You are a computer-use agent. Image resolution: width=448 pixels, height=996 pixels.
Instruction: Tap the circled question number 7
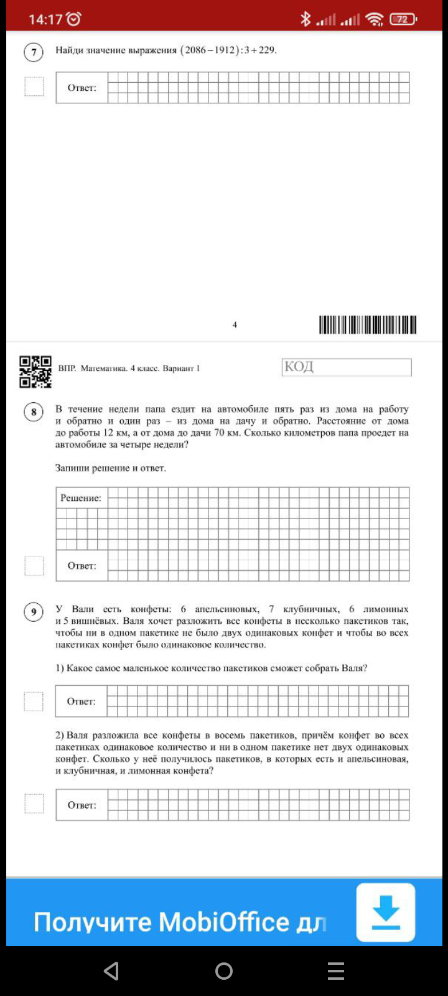[x=34, y=52]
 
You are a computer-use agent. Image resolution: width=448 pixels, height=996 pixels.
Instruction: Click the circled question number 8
[x=34, y=412]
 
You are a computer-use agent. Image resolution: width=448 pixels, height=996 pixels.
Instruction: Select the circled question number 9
[x=34, y=612]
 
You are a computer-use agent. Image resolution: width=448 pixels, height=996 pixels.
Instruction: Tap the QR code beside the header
[x=35, y=372]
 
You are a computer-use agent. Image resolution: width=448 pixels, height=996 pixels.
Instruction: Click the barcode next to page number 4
[x=368, y=325]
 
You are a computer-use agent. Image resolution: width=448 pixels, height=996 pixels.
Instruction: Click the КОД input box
[x=347, y=367]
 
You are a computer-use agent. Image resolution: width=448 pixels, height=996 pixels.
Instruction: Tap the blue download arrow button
[x=386, y=912]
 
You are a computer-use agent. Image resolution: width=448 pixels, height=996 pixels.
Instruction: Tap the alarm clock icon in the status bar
[x=73, y=19]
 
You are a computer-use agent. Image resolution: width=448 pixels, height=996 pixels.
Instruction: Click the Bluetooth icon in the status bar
[x=305, y=19]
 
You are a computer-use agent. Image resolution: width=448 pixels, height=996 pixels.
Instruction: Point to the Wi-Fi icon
[x=374, y=19]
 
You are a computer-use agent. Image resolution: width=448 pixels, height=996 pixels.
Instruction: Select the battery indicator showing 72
[x=403, y=19]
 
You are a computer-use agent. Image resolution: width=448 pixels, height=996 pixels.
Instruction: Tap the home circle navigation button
[x=224, y=971]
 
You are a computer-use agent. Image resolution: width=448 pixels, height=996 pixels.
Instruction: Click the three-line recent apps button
[x=336, y=971]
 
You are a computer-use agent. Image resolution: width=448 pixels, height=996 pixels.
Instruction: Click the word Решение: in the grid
[x=81, y=498]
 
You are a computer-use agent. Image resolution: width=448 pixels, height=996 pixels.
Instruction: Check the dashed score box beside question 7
[x=34, y=87]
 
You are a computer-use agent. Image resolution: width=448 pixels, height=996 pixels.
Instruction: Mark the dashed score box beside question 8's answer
[x=34, y=566]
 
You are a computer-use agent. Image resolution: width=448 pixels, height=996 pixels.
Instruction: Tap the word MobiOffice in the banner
[x=224, y=922]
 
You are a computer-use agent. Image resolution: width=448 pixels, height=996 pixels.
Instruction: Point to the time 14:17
[x=45, y=19]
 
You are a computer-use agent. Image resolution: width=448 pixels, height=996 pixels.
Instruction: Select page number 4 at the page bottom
[x=235, y=325]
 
